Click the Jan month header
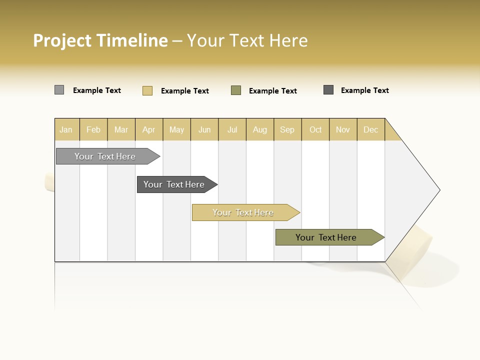point(66,129)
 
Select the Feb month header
point(93,129)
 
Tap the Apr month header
point(149,129)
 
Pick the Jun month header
point(204,129)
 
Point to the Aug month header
point(260,129)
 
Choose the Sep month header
point(287,129)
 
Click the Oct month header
point(315,129)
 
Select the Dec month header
point(371,129)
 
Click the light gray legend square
point(59,90)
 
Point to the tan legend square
point(147,90)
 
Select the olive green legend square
point(236,90)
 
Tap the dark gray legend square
point(328,90)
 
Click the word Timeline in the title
point(132,40)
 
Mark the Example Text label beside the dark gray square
point(364,90)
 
